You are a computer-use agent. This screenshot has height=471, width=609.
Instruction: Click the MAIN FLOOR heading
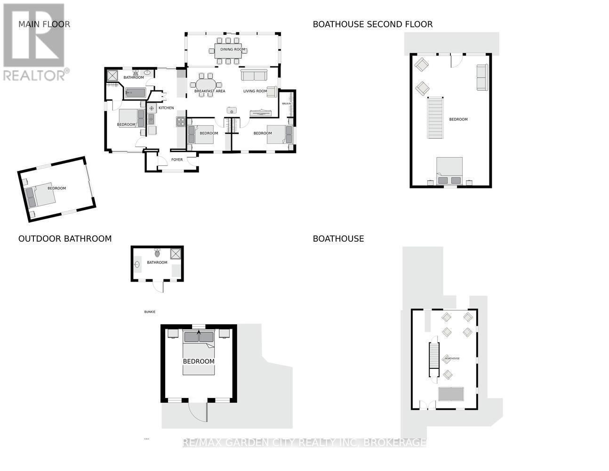click(x=44, y=24)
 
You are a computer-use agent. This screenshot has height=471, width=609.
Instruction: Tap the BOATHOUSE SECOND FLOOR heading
click(x=372, y=24)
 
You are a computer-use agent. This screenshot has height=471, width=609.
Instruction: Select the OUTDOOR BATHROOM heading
click(x=65, y=239)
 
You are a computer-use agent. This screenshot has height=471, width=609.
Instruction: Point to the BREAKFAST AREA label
click(x=210, y=91)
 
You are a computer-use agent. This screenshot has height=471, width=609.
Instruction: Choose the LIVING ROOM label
click(x=255, y=91)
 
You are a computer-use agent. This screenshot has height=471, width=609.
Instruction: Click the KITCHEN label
click(x=166, y=108)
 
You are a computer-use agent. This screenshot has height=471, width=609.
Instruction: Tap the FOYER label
click(x=177, y=160)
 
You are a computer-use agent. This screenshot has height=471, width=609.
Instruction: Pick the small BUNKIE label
click(x=150, y=312)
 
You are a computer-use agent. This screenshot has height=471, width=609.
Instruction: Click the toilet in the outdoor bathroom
click(x=157, y=253)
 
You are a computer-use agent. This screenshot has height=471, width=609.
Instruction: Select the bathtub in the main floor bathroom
click(x=136, y=92)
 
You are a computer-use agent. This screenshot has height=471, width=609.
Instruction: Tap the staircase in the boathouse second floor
click(x=435, y=118)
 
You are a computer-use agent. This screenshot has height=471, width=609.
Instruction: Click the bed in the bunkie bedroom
click(x=199, y=353)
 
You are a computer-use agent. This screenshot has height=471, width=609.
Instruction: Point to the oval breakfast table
click(x=207, y=85)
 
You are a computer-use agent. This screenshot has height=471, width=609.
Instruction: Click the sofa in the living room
click(x=254, y=75)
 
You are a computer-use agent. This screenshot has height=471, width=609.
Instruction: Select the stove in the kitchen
click(x=181, y=122)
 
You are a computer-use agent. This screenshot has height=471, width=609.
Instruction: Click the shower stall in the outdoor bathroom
click(x=176, y=254)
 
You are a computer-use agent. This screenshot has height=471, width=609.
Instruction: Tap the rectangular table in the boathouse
click(x=451, y=394)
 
